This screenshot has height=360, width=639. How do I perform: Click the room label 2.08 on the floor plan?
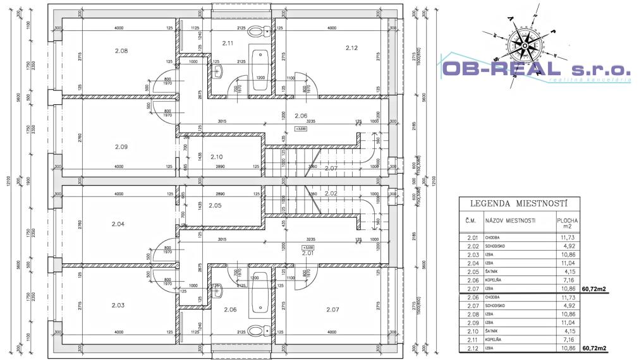(x=121, y=51)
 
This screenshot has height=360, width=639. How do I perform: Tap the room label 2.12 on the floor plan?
(x=351, y=47)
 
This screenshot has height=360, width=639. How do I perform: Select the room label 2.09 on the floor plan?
(x=121, y=147)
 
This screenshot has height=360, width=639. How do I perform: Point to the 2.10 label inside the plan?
(x=216, y=157)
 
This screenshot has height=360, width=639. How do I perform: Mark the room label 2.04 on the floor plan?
(x=118, y=224)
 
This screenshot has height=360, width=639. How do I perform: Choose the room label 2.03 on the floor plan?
(x=118, y=305)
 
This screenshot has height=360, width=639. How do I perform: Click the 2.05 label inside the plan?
(x=215, y=205)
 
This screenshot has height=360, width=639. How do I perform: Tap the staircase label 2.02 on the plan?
(x=331, y=193)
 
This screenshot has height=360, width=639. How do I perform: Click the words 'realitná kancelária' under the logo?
(x=589, y=80)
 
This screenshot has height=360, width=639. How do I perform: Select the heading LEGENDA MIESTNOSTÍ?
(x=518, y=203)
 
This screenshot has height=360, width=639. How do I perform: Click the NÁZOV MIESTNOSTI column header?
(x=510, y=220)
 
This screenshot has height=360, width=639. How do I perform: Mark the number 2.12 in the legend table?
(x=471, y=348)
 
